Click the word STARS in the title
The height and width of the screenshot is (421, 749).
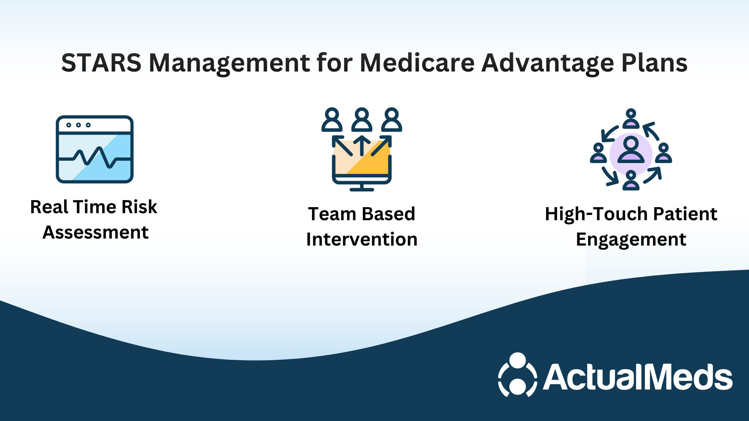(101, 63)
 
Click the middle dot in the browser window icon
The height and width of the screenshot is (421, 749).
(78, 125)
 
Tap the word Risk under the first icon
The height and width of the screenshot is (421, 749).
(139, 207)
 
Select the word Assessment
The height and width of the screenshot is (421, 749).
(95, 232)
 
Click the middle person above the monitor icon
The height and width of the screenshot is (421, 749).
(361, 120)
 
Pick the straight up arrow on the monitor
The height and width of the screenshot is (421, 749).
(361, 146)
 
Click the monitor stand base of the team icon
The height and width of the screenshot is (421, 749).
(361, 189)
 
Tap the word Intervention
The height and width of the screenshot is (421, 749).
(362, 239)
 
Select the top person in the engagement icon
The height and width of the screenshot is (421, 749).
(631, 119)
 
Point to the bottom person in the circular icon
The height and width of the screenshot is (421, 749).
(631, 180)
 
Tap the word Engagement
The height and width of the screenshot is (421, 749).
(631, 240)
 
